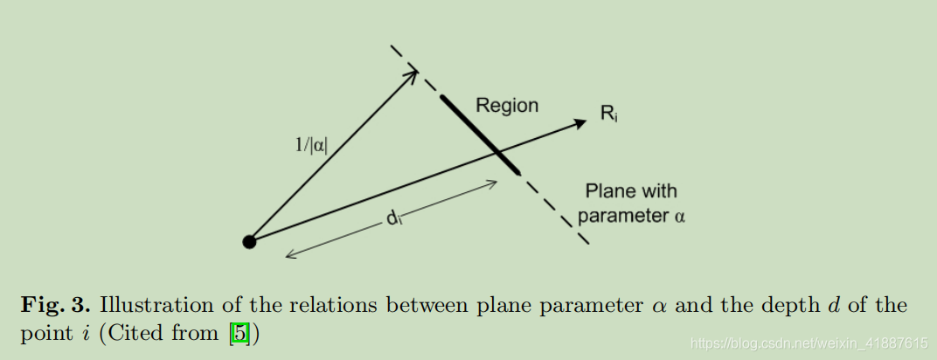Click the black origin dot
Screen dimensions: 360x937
tap(249, 242)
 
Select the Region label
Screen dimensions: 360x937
tap(507, 106)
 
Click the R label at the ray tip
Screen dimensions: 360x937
tap(608, 113)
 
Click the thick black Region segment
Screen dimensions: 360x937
tap(480, 134)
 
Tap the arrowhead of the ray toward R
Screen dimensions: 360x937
tap(580, 123)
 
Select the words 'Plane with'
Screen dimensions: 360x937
tap(631, 190)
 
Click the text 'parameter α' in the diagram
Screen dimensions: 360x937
tap(631, 215)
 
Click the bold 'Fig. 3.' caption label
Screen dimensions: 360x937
tap(57, 306)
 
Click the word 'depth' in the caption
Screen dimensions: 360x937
tap(797, 306)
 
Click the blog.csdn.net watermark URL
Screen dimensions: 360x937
tap(809, 343)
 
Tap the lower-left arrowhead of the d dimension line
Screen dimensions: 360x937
tap(288, 257)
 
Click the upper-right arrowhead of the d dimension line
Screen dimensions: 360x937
tap(495, 183)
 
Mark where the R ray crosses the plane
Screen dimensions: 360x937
tap(499, 154)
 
